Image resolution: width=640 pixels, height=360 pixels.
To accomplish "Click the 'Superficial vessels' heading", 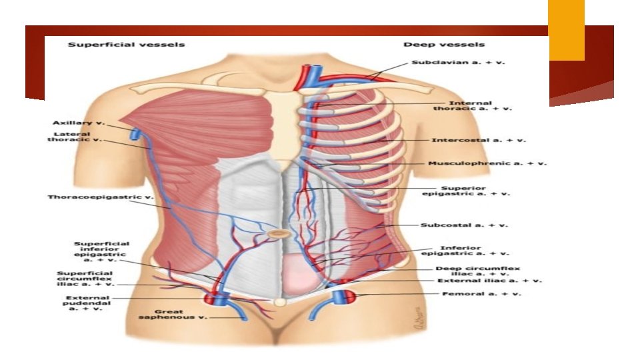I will click(126, 45).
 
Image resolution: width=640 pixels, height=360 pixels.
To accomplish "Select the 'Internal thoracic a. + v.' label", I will click(471, 106).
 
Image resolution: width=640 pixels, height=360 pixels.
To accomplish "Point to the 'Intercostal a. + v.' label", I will click(479, 141).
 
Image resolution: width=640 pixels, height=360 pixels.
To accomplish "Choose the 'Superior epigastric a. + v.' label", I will click(466, 191).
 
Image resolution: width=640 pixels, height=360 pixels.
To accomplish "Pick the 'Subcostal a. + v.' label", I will click(464, 225).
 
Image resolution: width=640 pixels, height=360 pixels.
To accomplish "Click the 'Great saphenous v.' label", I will click(174, 315).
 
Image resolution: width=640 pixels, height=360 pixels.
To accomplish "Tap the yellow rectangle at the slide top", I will click(566, 29).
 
